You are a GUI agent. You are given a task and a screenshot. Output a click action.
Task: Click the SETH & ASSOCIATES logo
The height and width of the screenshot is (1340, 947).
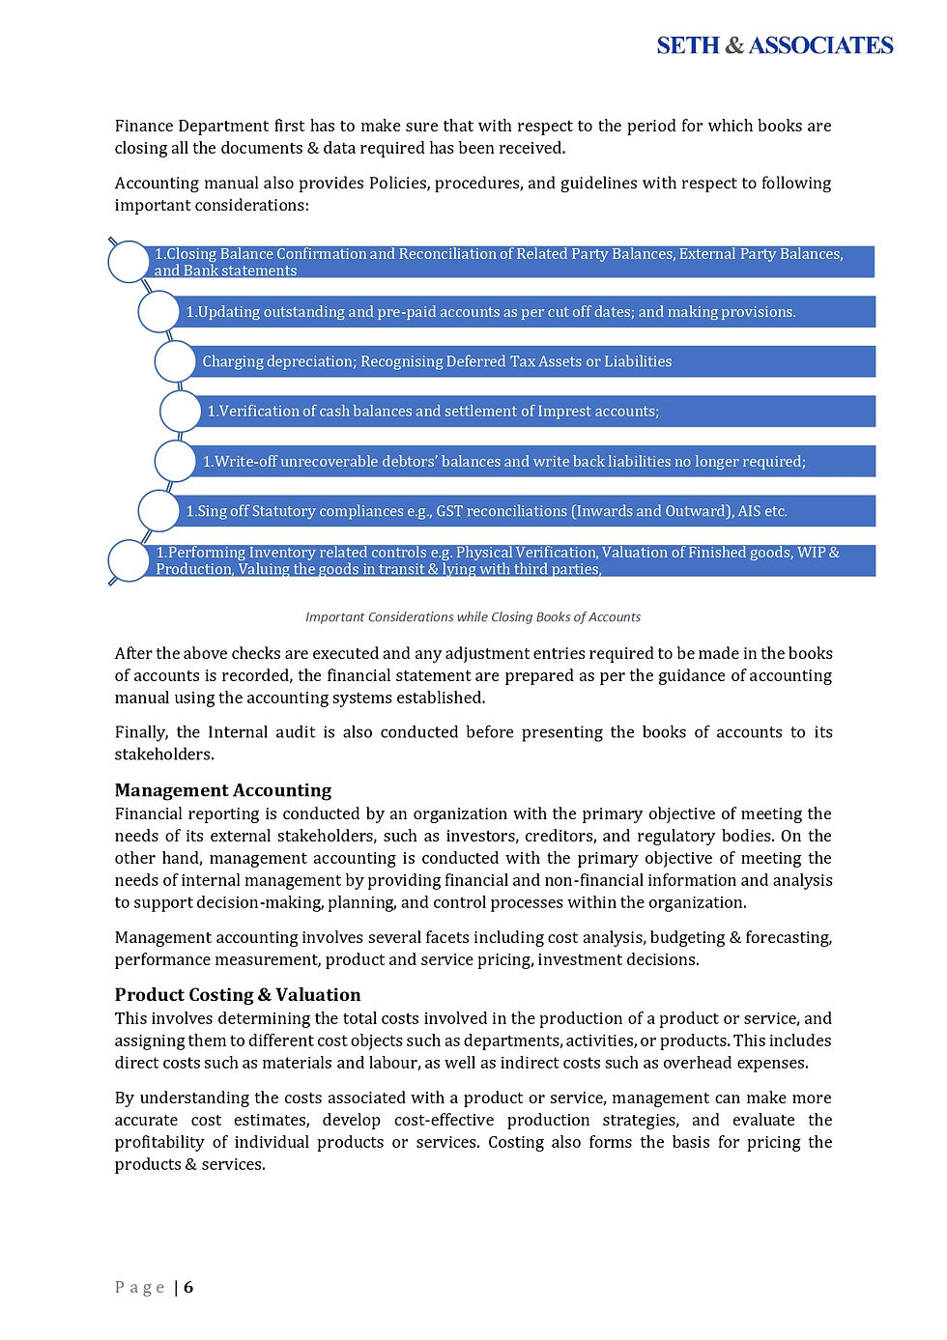coord(774,45)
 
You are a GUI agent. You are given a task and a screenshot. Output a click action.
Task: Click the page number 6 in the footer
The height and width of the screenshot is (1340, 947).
coord(188,1287)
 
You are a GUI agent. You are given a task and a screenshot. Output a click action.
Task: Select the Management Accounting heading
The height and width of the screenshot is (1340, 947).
coord(222,790)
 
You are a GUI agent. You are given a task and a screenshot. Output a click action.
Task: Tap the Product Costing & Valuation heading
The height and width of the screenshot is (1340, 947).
coord(237,994)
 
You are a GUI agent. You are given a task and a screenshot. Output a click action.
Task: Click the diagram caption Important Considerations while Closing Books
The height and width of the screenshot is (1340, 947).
coord(473,617)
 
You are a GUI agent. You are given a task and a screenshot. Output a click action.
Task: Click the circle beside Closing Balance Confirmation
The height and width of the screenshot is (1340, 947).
coord(129,262)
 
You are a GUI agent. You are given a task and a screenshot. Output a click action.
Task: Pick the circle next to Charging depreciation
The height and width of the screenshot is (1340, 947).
coord(175,361)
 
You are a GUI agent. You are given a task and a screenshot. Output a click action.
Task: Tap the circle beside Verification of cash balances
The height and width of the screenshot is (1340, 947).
coord(180,412)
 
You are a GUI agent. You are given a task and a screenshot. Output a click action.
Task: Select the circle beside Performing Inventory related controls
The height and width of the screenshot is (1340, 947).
coord(129,561)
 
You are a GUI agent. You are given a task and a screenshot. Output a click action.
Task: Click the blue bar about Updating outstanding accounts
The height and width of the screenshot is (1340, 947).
coord(522,312)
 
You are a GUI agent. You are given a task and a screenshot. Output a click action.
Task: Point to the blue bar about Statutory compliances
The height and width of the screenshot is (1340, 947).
coord(522,511)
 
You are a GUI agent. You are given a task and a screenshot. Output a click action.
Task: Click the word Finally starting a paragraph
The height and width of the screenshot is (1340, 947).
coord(141,732)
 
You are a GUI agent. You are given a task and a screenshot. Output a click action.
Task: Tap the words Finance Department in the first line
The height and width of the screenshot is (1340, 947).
coord(191,126)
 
